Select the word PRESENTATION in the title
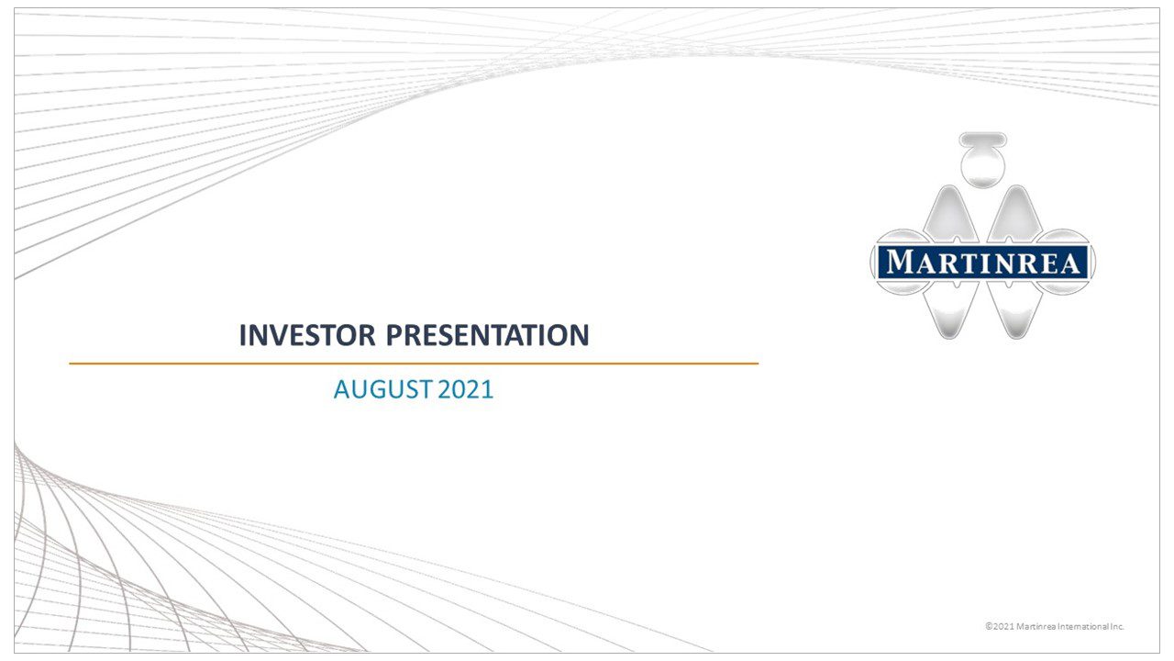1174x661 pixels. coord(487,336)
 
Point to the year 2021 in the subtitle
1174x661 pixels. coord(466,389)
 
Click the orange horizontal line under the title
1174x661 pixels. coord(413,364)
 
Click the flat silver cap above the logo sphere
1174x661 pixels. coord(982,140)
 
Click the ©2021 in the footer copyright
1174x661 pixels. coord(999,626)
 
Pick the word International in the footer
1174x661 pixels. coord(1085,626)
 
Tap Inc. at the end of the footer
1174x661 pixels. coord(1117,626)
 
